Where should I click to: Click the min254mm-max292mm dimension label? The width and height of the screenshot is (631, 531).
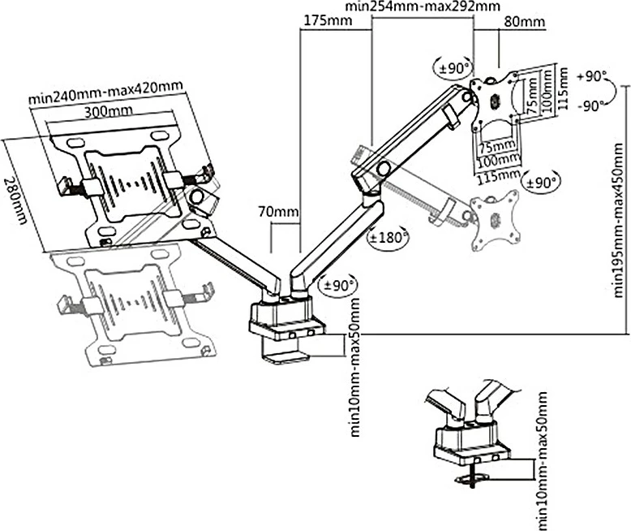[x=410, y=7]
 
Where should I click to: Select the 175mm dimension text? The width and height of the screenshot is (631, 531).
[x=324, y=21]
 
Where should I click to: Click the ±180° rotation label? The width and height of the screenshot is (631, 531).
[x=387, y=238]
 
